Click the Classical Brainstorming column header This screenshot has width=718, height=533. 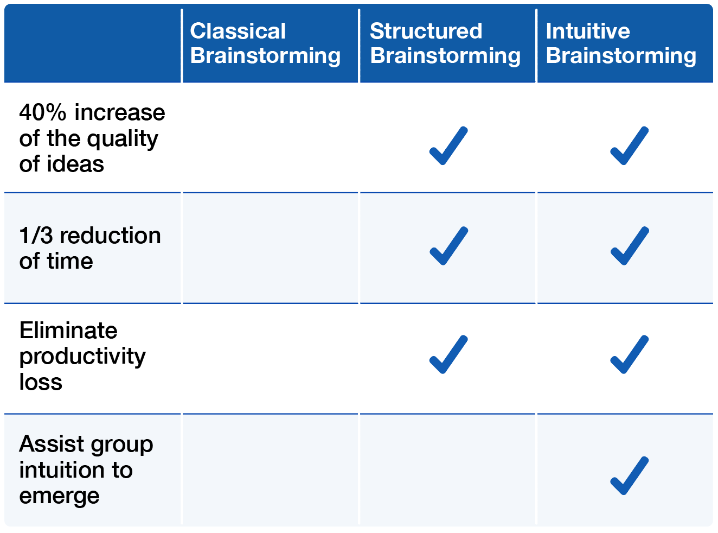click(x=265, y=43)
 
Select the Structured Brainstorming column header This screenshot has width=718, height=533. click(x=445, y=43)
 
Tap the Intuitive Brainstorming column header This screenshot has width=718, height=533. click(x=621, y=43)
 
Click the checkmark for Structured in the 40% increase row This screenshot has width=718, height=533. click(x=448, y=146)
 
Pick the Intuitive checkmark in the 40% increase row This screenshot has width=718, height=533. click(x=630, y=146)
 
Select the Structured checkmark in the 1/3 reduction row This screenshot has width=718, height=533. click(x=449, y=246)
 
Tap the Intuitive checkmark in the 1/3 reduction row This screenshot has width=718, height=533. click(x=630, y=246)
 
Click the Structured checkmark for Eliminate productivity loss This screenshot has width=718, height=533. click(x=448, y=354)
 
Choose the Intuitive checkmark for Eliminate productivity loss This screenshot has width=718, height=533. click(x=630, y=354)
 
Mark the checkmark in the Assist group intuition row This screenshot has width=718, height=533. click(x=630, y=476)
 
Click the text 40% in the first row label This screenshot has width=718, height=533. click(x=43, y=112)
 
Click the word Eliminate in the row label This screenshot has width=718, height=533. click(x=68, y=331)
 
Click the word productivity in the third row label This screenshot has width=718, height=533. click(x=82, y=357)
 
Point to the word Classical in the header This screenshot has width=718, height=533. click(x=238, y=31)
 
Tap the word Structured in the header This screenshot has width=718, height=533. click(x=426, y=31)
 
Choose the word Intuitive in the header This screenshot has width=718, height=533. click(x=588, y=31)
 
